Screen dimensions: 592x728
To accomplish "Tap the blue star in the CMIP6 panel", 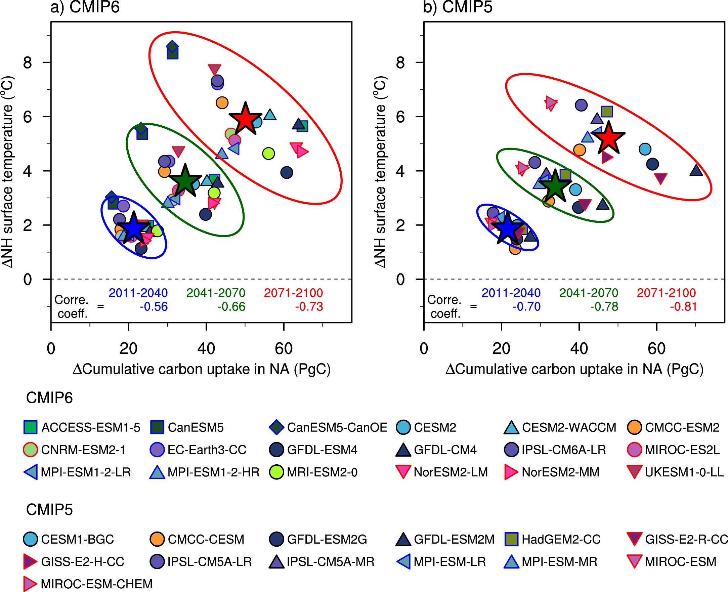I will [134, 228].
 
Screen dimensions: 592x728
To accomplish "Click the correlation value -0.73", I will [309, 306].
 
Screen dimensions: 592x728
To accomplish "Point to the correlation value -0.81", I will [683, 306].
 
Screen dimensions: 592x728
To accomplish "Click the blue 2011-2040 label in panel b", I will [511, 293].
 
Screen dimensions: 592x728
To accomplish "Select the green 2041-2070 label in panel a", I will [215, 293].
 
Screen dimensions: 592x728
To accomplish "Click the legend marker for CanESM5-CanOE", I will [276, 427].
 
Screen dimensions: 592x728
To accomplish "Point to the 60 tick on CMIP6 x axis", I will [284, 348].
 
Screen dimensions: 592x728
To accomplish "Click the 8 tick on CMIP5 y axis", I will [400, 63].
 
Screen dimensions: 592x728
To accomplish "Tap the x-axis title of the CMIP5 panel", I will [574, 369].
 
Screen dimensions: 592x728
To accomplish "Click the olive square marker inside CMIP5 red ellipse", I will [607, 112].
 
